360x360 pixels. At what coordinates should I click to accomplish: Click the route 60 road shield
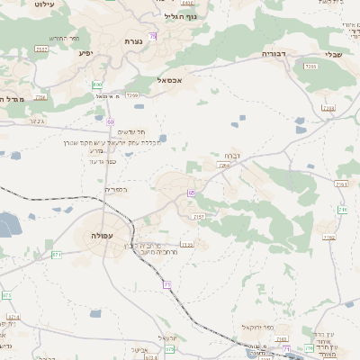tap(110, 121)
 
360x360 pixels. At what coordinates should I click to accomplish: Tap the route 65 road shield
tap(191, 193)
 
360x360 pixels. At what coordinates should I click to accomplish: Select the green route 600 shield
tap(97, 84)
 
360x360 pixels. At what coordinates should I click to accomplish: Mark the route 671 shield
tap(58, 255)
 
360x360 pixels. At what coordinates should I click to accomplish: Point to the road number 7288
tap(328, 108)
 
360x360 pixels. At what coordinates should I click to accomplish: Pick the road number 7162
tap(329, 238)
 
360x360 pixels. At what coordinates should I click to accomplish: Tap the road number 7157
tap(199, 217)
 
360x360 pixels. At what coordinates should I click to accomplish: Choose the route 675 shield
tap(7, 295)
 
